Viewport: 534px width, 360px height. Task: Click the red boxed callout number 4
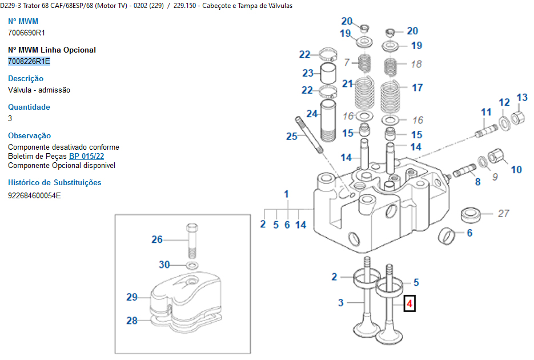pyautogui.click(x=409, y=304)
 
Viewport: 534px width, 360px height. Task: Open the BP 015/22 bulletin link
pyautogui.click(x=87, y=156)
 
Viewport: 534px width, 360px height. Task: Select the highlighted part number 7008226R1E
pyautogui.click(x=29, y=61)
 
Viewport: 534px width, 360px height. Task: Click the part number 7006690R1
pyautogui.click(x=26, y=33)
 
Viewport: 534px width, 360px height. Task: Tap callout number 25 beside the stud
pyautogui.click(x=292, y=135)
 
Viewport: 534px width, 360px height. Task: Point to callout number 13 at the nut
pyautogui.click(x=522, y=98)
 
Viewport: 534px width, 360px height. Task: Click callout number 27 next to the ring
pyautogui.click(x=503, y=214)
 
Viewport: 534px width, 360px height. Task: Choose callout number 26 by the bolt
pyautogui.click(x=157, y=239)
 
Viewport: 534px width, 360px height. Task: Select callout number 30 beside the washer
pyautogui.click(x=164, y=265)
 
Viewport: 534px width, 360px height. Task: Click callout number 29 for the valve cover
pyautogui.click(x=132, y=297)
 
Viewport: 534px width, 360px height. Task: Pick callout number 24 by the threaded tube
pyautogui.click(x=311, y=113)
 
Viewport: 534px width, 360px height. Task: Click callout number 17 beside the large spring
pyautogui.click(x=417, y=87)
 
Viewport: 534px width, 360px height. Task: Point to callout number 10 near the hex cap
pyautogui.click(x=516, y=169)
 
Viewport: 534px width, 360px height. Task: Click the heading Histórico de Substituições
pyautogui.click(x=54, y=182)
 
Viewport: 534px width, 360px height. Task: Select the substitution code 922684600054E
pyautogui.click(x=34, y=195)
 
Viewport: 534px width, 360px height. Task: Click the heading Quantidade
pyautogui.click(x=29, y=107)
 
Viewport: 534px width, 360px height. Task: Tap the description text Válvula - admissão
pyautogui.click(x=39, y=90)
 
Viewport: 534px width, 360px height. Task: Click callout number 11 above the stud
pyautogui.click(x=486, y=111)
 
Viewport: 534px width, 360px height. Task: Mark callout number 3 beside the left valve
pyautogui.click(x=340, y=302)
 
